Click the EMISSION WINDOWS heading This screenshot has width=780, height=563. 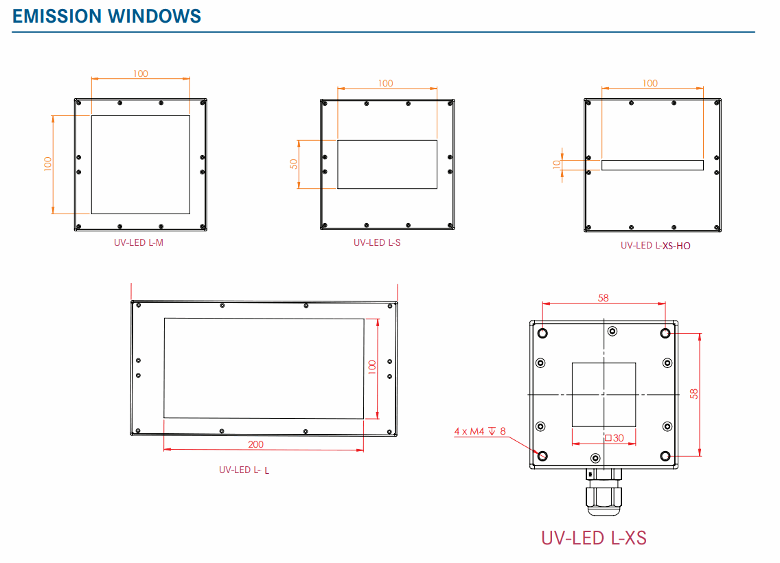pos(107,16)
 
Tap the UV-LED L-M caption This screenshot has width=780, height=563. pos(139,242)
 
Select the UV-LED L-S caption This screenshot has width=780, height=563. pos(377,242)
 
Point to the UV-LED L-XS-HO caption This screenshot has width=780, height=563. pos(656,245)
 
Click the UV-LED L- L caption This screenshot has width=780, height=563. pos(244,470)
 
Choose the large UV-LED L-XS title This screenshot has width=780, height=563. pos(594,537)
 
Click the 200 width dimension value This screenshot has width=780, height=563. pos(255,444)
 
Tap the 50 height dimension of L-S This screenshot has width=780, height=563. pos(294,164)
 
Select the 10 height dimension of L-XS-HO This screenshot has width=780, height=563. pos(557,164)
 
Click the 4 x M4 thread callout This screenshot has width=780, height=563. pos(479,431)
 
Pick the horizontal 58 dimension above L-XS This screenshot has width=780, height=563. pos(604,298)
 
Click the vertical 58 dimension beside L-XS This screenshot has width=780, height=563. pos(694,394)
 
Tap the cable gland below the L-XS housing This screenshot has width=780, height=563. pos(604,493)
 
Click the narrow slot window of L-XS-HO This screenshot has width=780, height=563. pos(652,165)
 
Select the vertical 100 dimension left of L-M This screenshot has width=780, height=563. pos(47,164)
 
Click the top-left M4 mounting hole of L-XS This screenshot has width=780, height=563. pos(542,333)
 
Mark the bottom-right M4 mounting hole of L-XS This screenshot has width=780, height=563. pos(665,456)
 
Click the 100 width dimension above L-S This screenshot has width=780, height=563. pos(386,83)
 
